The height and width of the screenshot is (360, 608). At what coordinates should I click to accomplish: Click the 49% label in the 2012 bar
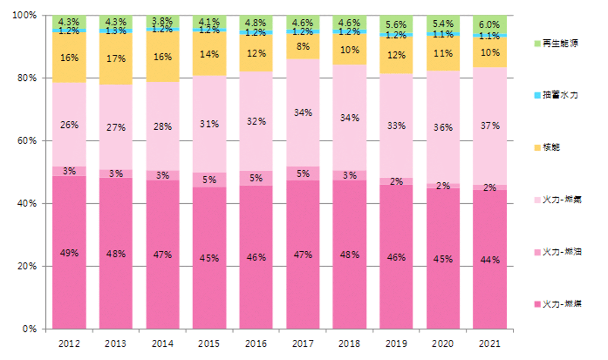[x=69, y=253]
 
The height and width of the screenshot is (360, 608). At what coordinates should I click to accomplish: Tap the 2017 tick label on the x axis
[x=303, y=344]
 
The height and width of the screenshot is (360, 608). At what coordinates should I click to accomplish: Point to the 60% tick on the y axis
[x=27, y=141]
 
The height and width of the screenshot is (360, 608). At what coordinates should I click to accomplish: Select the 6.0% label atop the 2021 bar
[x=490, y=25]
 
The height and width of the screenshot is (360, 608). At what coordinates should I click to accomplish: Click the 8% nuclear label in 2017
[x=303, y=47]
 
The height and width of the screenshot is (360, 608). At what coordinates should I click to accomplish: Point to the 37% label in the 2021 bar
[x=490, y=126]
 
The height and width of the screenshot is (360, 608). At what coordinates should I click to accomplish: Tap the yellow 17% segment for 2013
[x=116, y=59]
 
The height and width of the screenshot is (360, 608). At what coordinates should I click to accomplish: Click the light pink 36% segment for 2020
[x=443, y=128]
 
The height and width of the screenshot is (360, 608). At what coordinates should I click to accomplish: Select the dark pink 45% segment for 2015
[x=210, y=258]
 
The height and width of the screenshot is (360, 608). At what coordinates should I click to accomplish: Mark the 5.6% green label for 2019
[x=396, y=25]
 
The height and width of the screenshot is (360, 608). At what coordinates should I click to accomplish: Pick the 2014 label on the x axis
[x=163, y=344]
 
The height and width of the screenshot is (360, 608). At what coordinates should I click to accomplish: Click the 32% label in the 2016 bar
[x=256, y=122]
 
